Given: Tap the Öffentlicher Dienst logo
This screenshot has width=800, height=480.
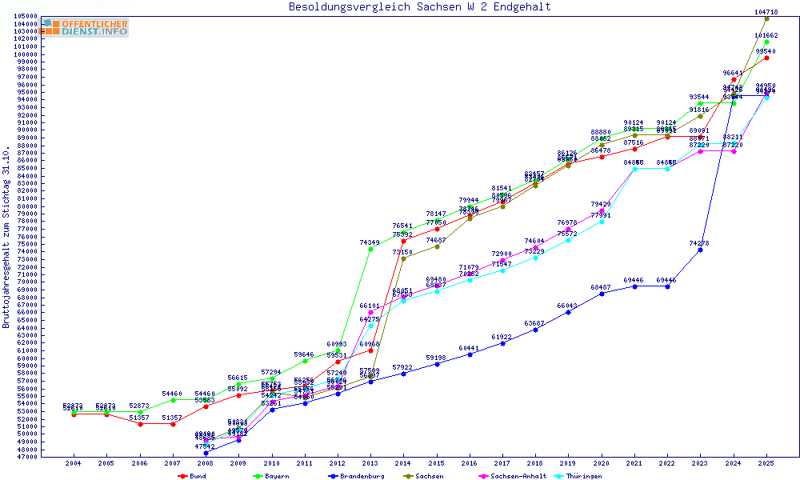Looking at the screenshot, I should [x=85, y=28].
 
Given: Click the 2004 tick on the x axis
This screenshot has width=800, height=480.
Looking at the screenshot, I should [x=74, y=462].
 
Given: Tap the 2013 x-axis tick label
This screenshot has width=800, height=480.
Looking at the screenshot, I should [x=370, y=462].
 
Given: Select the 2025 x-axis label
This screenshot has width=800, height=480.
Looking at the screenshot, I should [x=766, y=462].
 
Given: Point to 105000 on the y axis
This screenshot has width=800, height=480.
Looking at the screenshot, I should [x=23, y=16].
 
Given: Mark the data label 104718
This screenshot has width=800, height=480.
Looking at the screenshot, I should [x=766, y=12].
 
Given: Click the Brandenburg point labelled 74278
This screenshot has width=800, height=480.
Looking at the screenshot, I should [x=700, y=250].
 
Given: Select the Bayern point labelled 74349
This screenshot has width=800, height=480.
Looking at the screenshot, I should [x=370, y=249].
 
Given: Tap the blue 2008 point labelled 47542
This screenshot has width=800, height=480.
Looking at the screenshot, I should [x=206, y=453].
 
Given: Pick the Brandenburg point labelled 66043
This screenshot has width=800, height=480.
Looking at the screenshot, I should [x=568, y=312].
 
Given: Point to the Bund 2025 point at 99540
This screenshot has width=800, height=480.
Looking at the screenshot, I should [x=766, y=58].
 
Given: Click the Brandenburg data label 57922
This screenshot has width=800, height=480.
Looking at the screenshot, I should [x=403, y=367].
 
